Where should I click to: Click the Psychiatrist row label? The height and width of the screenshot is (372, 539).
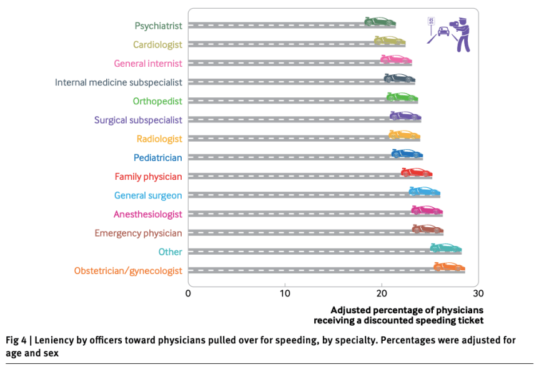pyautogui.click(x=158, y=26)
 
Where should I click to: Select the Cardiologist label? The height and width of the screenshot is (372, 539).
pyautogui.click(x=157, y=44)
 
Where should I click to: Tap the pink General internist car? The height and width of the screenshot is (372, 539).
pyautogui.click(x=396, y=59)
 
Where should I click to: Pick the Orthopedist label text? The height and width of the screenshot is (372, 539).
pyautogui.click(x=157, y=101)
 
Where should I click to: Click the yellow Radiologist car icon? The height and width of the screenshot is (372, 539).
pyautogui.click(x=404, y=134)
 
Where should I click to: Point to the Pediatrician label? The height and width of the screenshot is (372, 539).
pyautogui.click(x=157, y=158)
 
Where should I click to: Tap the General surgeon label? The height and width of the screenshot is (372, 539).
pyautogui.click(x=148, y=195)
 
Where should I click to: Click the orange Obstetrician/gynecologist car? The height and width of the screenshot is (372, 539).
pyautogui.click(x=449, y=267)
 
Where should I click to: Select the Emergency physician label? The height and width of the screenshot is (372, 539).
pyautogui.click(x=138, y=233)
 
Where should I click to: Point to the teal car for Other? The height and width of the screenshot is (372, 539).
pyautogui.click(x=445, y=248)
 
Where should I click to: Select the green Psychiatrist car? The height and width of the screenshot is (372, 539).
pyautogui.click(x=380, y=21)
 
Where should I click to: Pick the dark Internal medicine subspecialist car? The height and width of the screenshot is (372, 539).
pyautogui.click(x=399, y=77)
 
